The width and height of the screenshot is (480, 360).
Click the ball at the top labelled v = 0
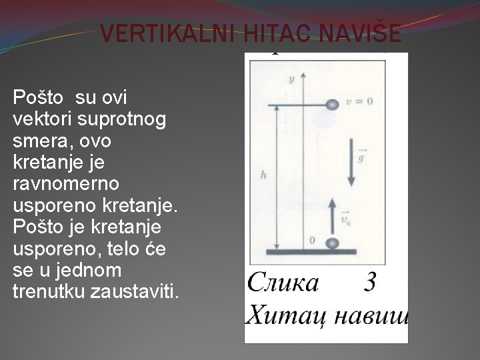tap(332, 105)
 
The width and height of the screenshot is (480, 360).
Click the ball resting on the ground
tap(333, 243)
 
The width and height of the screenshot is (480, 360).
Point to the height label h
tap(265, 175)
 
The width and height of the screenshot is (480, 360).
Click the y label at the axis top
tap(291, 78)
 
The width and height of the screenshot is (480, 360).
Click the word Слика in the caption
tap(283, 283)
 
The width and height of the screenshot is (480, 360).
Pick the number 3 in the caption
tap(370, 283)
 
